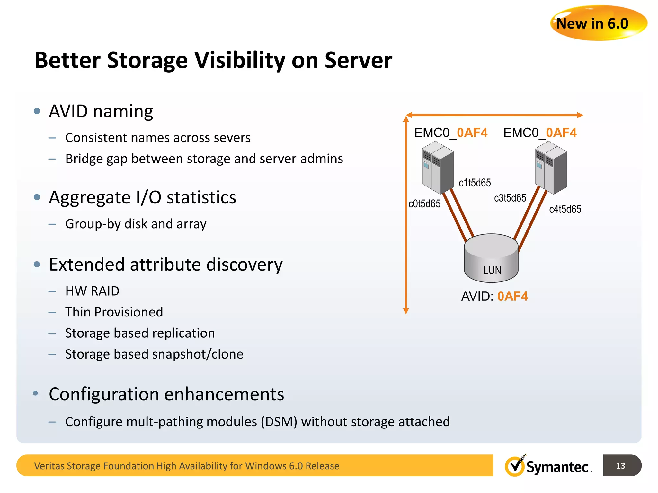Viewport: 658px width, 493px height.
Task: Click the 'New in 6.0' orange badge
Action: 598,23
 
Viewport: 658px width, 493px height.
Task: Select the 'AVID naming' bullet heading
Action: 101,111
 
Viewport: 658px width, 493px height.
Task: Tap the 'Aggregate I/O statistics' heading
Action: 142,197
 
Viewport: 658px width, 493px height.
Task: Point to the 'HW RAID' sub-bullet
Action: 92,291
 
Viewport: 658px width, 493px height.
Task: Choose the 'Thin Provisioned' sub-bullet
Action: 114,312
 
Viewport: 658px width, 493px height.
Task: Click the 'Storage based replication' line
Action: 140,333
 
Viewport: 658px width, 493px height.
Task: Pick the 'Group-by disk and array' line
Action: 136,224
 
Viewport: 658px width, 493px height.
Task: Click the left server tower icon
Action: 438,168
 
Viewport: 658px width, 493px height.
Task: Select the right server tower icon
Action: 551,168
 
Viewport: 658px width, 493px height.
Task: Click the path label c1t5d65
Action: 475,183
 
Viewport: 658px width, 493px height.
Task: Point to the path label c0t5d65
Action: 424,204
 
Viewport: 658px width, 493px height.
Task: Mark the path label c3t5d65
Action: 510,198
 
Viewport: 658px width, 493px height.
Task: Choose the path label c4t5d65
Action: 565,209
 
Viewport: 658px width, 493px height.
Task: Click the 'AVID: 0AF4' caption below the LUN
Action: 494,297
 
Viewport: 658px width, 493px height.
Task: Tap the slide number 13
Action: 620,466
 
